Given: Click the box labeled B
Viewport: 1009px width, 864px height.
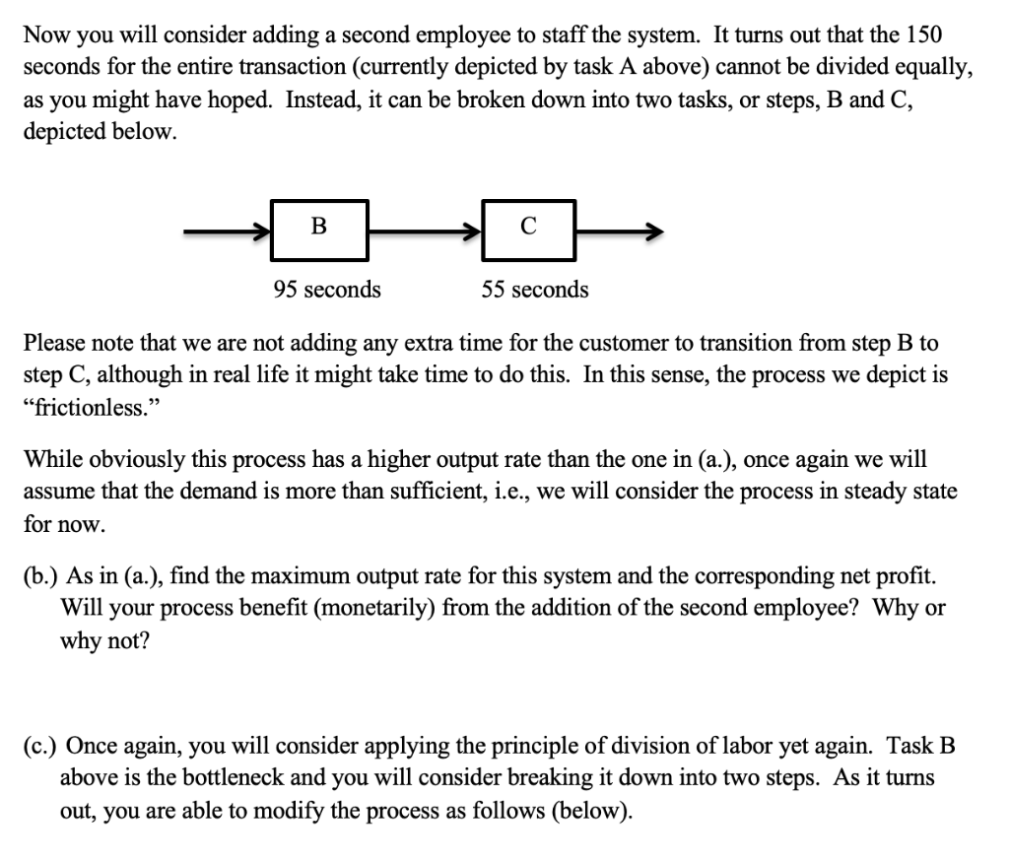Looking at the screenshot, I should [x=318, y=231].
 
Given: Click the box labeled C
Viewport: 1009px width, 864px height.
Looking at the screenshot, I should [x=528, y=231].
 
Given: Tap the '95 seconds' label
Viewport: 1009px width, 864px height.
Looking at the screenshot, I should [x=327, y=290].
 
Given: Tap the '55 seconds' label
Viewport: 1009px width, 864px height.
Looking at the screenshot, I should [x=535, y=290].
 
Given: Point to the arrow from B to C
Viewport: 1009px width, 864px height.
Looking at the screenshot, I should [x=424, y=233].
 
